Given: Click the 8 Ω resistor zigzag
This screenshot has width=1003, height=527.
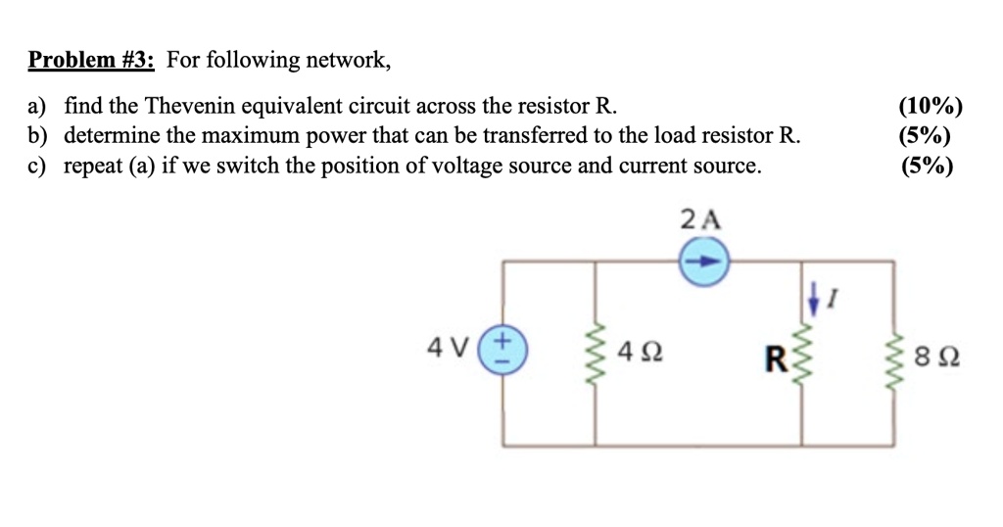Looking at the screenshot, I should (x=892, y=354).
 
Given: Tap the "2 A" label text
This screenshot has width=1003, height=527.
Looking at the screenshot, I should (x=699, y=219).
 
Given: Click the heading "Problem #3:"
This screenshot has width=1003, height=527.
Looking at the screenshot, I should (x=91, y=61).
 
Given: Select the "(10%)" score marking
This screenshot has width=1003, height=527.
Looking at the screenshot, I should (x=930, y=107).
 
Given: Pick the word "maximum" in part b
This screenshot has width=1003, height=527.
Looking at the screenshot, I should (x=262, y=136).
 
